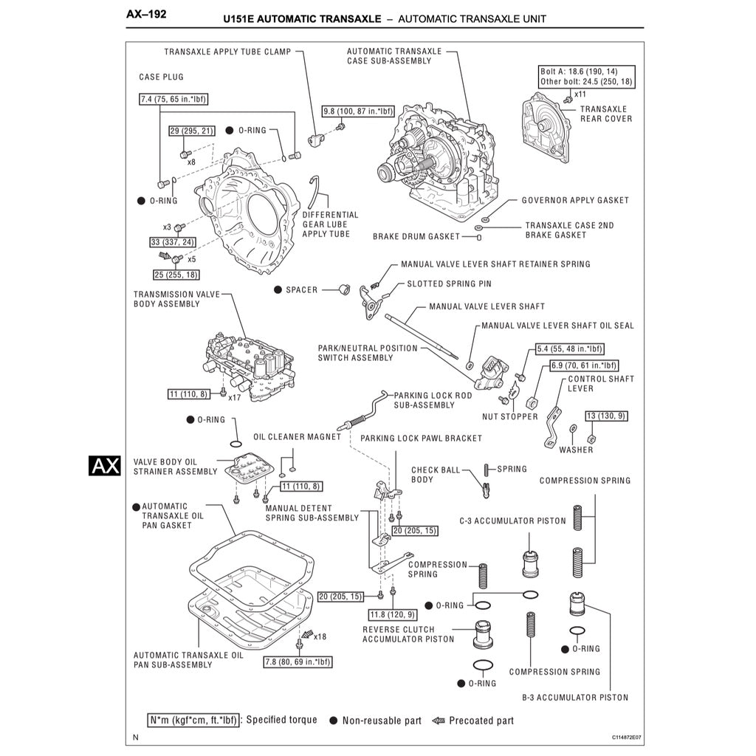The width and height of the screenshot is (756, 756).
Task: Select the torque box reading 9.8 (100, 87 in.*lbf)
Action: click(358, 111)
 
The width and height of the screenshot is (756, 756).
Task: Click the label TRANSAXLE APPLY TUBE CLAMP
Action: click(227, 52)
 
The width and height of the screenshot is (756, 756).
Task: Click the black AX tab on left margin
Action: click(104, 466)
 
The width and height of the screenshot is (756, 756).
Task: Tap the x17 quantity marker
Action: click(235, 397)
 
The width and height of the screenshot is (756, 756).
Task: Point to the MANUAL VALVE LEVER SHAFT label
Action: click(487, 306)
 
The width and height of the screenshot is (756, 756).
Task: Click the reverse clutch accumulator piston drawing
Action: click(483, 635)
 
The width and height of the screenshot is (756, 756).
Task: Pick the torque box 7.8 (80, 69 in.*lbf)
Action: click(298, 661)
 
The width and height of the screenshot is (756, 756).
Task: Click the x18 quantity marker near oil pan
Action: click(320, 636)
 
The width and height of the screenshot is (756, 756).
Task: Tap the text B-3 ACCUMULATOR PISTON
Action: click(575, 697)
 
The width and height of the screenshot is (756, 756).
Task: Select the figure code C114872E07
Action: click(626, 738)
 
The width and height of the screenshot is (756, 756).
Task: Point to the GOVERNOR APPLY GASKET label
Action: click(575, 200)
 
